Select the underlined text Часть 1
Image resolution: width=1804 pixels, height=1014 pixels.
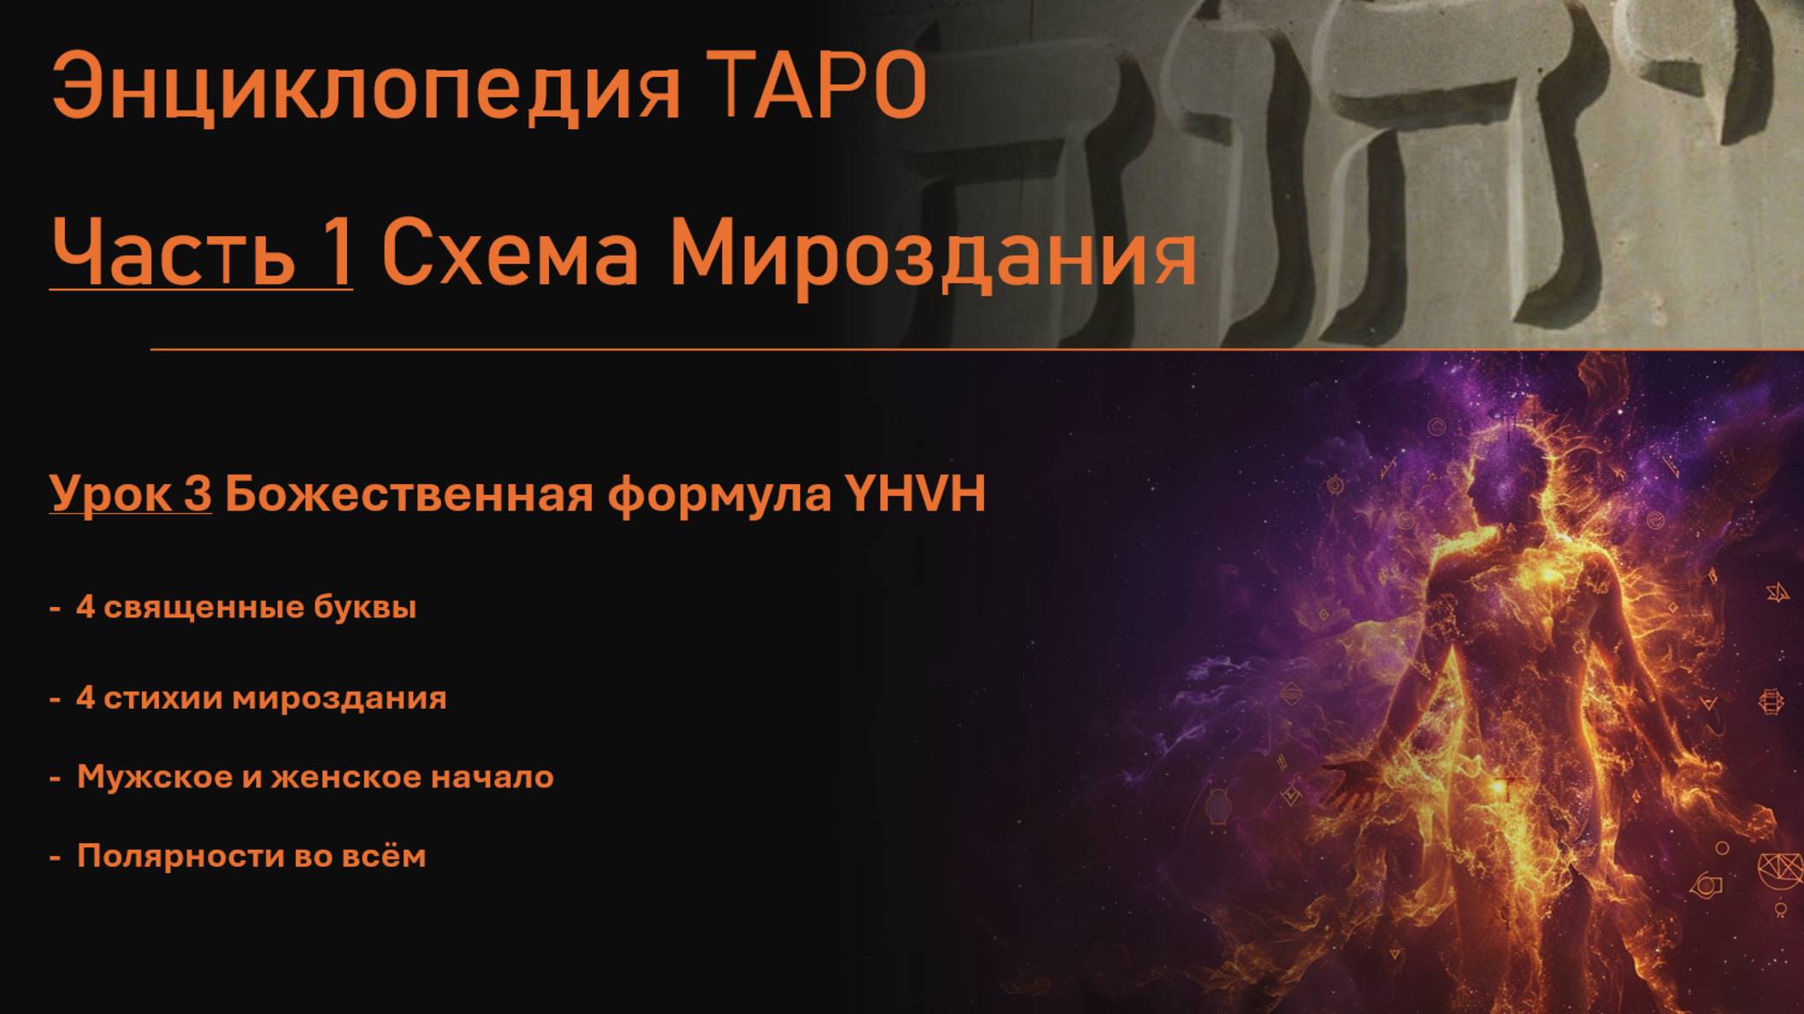tap(201, 252)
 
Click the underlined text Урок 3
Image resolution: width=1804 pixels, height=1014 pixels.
tap(130, 494)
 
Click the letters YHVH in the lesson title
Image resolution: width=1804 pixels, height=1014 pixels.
tap(915, 493)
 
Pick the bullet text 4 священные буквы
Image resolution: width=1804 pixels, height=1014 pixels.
tap(245, 607)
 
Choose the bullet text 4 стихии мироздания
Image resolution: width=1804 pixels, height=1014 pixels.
tap(261, 698)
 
